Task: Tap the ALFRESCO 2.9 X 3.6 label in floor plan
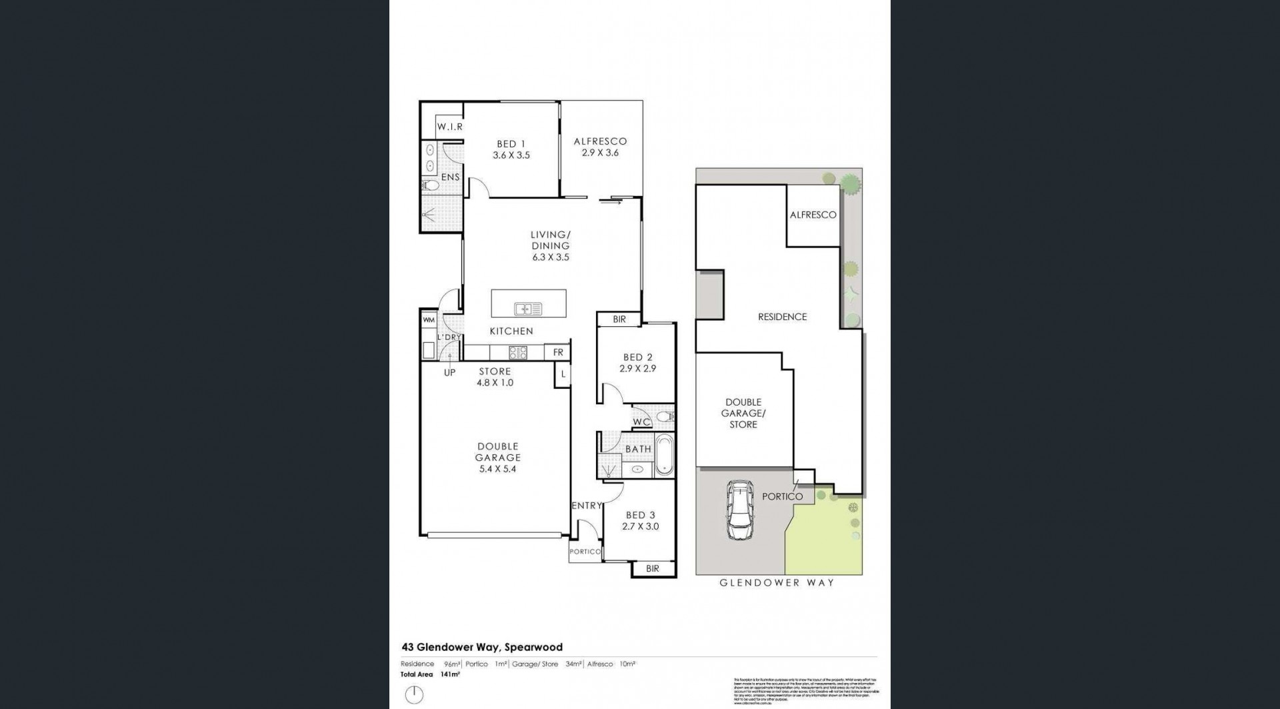click(600, 147)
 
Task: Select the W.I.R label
click(450, 127)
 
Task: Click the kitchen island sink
click(528, 309)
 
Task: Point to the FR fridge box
click(558, 352)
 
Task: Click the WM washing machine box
click(429, 320)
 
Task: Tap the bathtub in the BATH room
click(665, 454)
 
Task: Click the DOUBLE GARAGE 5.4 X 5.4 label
click(497, 458)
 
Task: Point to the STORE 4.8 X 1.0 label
click(495, 377)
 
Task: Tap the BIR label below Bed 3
click(653, 568)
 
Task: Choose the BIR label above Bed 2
click(619, 319)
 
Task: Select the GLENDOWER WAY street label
click(777, 583)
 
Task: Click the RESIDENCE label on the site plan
click(782, 317)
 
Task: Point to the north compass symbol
click(414, 694)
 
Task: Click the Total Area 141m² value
click(451, 674)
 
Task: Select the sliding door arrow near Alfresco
click(609, 203)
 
